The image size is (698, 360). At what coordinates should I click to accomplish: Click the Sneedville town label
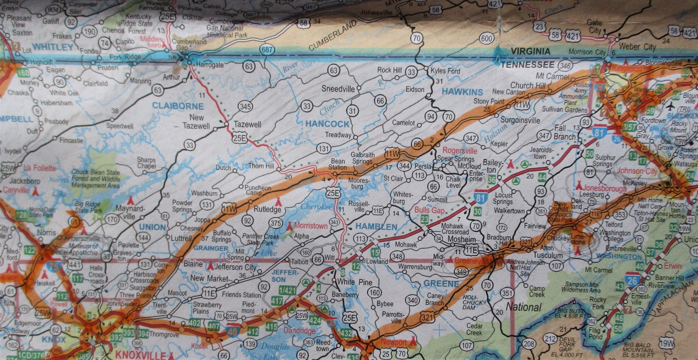point(338,89)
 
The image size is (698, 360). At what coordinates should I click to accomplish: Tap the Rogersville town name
point(460,151)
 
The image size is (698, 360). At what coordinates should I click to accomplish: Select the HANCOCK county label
point(327,124)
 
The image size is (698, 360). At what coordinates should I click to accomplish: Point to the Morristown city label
point(311,226)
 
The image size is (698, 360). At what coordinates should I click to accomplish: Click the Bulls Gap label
point(429,210)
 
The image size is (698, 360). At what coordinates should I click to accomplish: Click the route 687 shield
point(267,49)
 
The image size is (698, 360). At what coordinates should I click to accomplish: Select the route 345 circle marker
point(246,106)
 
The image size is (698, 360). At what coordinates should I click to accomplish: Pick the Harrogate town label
point(210,65)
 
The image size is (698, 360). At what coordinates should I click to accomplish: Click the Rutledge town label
point(267,209)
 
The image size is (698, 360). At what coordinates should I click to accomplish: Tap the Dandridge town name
point(299,330)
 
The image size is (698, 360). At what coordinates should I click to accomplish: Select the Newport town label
point(393,342)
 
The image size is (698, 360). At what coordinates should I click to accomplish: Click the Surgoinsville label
point(520,120)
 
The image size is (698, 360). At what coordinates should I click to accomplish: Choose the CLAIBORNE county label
point(178,106)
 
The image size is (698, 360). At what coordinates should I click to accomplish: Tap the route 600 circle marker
point(486,38)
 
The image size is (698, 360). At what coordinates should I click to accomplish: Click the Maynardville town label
point(130,212)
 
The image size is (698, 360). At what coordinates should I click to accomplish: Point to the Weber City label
point(637,47)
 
